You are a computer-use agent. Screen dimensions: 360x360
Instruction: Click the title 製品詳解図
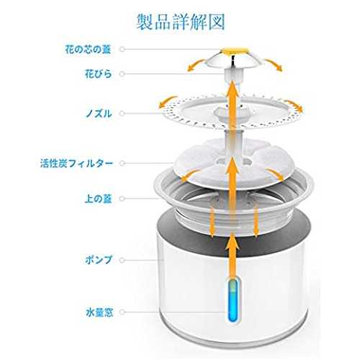tap(181, 22)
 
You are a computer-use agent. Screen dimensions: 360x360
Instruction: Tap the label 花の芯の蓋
tap(88, 49)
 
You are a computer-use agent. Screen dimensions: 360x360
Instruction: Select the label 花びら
tap(99, 73)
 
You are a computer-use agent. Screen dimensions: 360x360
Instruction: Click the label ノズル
tap(99, 113)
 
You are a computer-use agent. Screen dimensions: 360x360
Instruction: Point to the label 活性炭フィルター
tap(76, 163)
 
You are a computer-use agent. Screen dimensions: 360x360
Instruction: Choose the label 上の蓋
tap(99, 199)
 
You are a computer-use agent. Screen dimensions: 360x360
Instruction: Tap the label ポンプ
tap(99, 260)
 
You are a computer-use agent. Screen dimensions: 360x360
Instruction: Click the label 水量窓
tap(99, 312)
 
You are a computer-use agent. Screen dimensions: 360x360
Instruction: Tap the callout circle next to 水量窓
tap(122, 312)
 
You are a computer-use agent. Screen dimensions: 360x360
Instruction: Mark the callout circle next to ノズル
tap(122, 113)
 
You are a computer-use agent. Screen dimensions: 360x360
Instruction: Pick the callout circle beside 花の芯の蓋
tap(122, 49)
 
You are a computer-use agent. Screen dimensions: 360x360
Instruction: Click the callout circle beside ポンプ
tap(122, 260)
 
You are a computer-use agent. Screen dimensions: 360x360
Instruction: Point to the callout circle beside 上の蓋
tap(122, 199)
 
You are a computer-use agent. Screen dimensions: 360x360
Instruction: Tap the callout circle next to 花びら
tap(122, 73)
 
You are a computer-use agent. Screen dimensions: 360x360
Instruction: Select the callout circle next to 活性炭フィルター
tap(122, 163)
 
